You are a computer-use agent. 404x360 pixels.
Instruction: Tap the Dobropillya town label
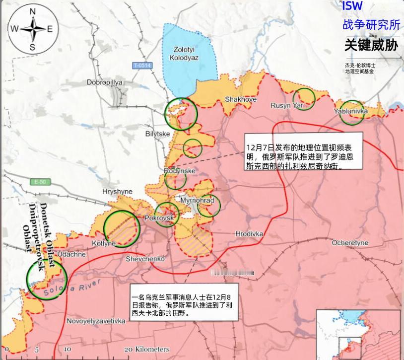click(x=104, y=82)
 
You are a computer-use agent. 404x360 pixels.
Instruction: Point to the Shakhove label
click(x=241, y=99)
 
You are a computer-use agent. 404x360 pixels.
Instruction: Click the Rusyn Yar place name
click(x=286, y=105)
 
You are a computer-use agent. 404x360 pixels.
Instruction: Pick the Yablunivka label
click(x=351, y=111)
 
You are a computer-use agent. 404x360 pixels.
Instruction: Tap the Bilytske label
click(x=158, y=134)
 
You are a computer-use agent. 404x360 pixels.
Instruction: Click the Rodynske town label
click(x=180, y=171)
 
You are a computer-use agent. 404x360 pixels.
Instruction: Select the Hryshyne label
click(x=117, y=191)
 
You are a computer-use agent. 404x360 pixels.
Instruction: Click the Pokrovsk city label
click(x=159, y=218)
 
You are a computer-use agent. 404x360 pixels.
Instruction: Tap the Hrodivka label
click(x=249, y=233)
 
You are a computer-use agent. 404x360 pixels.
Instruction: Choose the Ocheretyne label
click(x=350, y=243)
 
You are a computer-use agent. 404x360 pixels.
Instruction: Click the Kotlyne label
click(x=104, y=243)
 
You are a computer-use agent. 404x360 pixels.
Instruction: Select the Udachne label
click(x=71, y=254)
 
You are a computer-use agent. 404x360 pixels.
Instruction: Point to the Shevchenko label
click(x=145, y=259)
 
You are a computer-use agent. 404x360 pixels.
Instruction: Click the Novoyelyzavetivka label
click(x=96, y=320)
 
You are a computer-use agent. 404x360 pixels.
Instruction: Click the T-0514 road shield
click(x=142, y=65)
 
